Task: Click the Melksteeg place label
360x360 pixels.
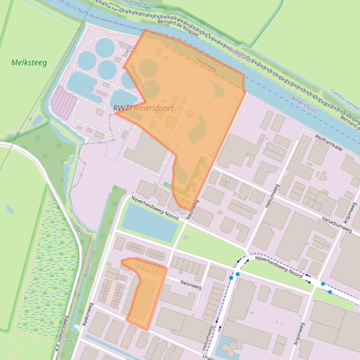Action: point(29,63)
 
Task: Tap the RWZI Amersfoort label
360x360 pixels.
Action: point(143,108)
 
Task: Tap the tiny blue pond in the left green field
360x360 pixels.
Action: point(10,209)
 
